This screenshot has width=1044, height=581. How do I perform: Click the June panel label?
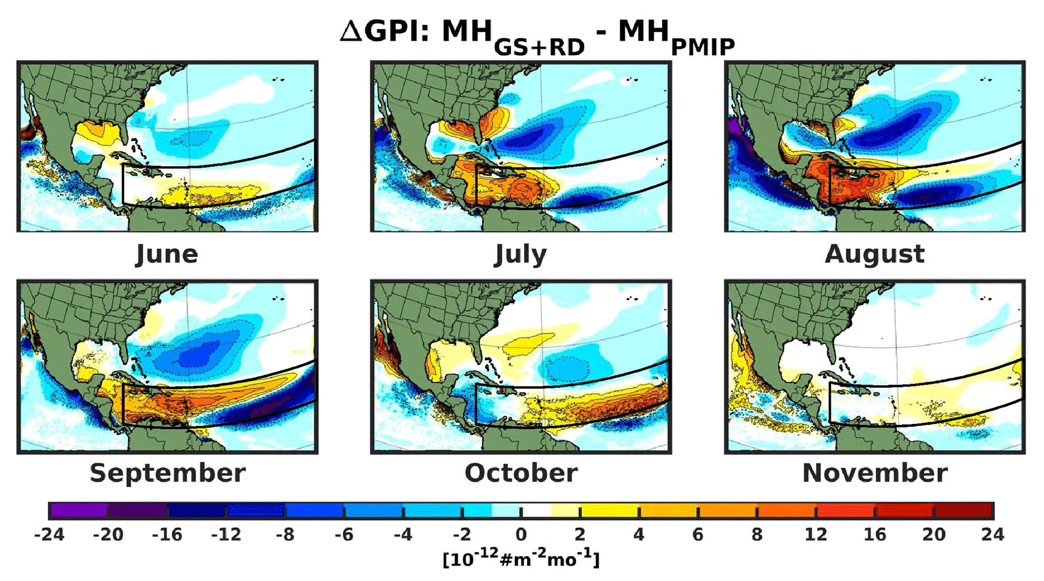(x=167, y=254)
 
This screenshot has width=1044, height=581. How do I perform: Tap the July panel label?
(x=520, y=254)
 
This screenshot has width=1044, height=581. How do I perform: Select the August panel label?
(x=874, y=254)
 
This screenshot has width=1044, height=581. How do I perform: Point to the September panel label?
(x=167, y=473)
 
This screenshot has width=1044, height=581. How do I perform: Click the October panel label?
(x=521, y=473)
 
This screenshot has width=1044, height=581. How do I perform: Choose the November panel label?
(x=874, y=473)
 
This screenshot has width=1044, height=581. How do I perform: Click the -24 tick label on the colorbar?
(x=49, y=535)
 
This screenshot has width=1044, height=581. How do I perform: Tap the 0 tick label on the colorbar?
(x=521, y=535)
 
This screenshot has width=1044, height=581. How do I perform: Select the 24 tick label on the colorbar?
(x=992, y=535)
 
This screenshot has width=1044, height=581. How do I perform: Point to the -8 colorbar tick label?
(x=285, y=535)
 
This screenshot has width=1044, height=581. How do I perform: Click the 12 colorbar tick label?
(x=816, y=535)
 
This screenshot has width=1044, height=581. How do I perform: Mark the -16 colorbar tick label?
(x=167, y=535)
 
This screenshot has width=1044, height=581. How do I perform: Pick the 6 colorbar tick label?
(x=698, y=535)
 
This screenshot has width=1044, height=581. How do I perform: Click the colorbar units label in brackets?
(x=521, y=559)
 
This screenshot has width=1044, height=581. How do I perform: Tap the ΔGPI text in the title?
(x=384, y=31)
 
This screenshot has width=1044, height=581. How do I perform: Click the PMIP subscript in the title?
(x=703, y=47)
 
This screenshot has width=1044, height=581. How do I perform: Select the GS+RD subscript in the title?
(x=539, y=47)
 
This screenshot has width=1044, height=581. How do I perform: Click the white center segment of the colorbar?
(x=535, y=511)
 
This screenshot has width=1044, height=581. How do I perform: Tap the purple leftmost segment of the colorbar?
(x=78, y=511)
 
